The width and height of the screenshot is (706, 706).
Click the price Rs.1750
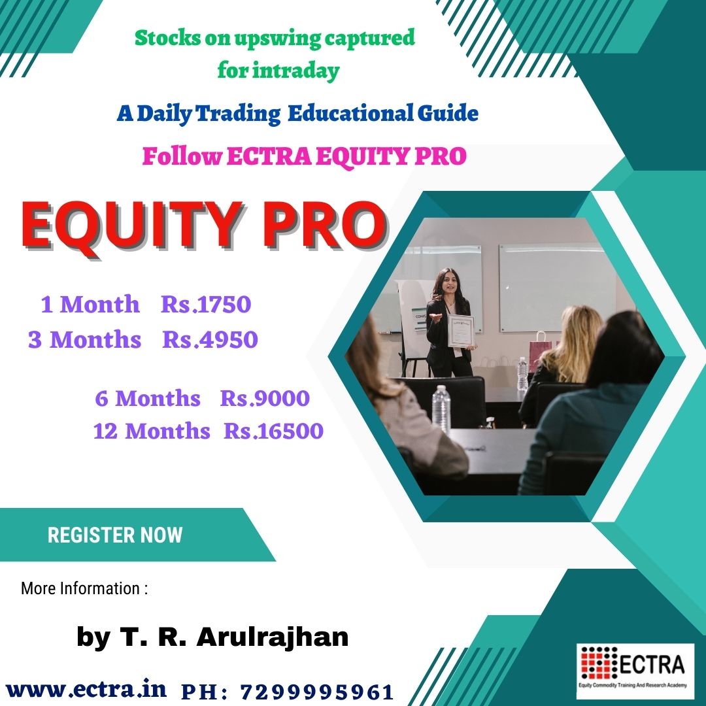coord(206,305)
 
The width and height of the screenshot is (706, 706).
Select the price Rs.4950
coord(210,339)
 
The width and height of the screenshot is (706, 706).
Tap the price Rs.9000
coord(265,399)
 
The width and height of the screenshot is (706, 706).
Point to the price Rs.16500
coord(273,431)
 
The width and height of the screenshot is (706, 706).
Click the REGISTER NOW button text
coord(115,535)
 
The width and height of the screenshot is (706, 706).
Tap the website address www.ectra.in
coord(86,690)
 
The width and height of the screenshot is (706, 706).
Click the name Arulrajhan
coord(273,637)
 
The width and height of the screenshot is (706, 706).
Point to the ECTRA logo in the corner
coord(635,671)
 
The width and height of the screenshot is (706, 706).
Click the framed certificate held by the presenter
coord(461,331)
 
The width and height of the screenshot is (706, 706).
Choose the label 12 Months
coord(152,431)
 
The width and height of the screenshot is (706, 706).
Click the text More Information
coord(80,588)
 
